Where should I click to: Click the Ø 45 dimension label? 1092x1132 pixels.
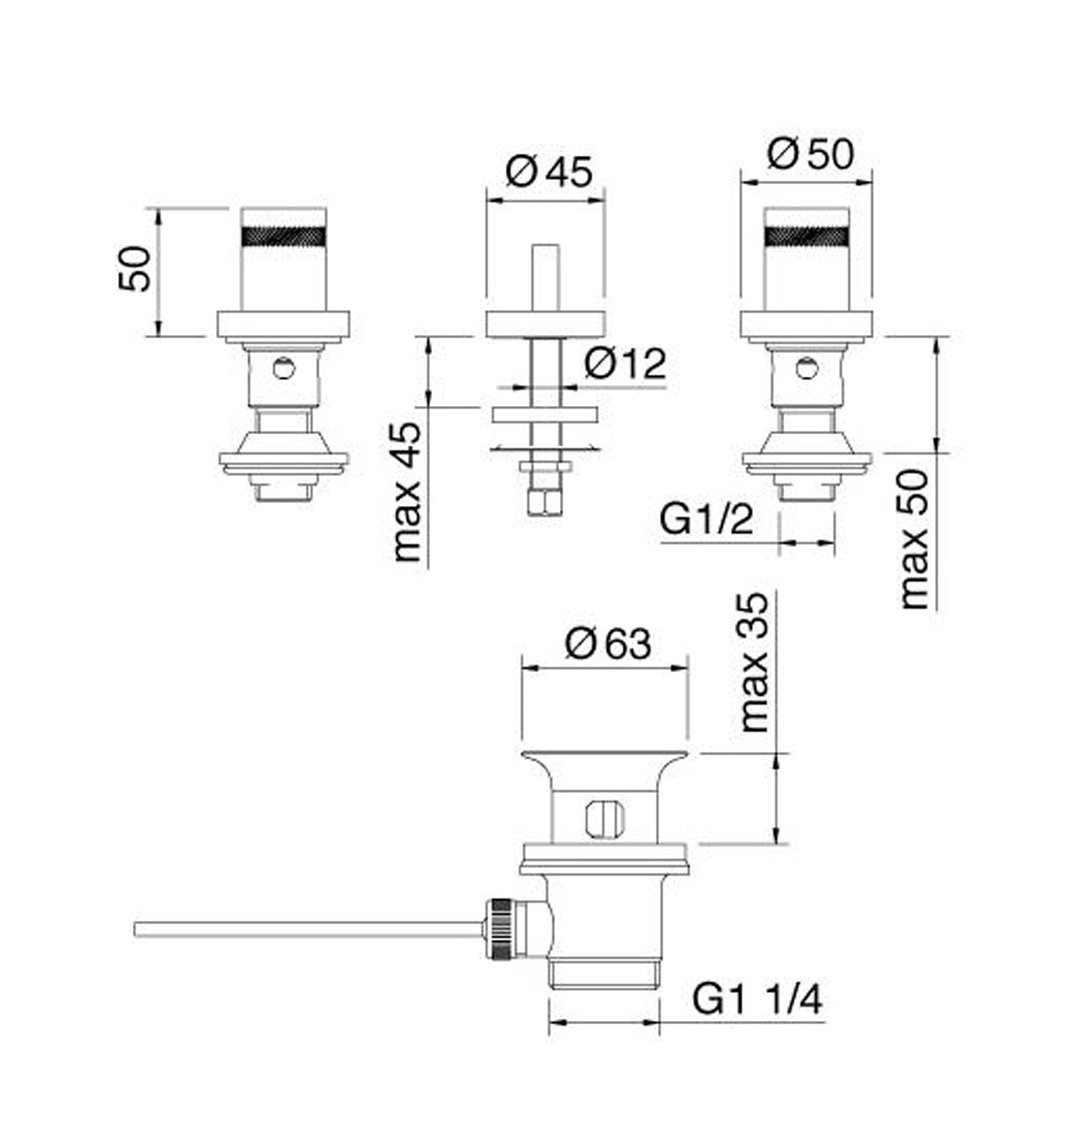point(549,172)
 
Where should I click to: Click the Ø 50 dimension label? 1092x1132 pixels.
point(811,154)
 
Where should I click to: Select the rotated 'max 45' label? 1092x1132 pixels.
point(406,491)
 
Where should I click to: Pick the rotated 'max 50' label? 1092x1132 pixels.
point(915,539)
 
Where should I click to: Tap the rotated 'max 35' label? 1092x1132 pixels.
point(754,662)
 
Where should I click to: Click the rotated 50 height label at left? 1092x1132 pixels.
point(134,268)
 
